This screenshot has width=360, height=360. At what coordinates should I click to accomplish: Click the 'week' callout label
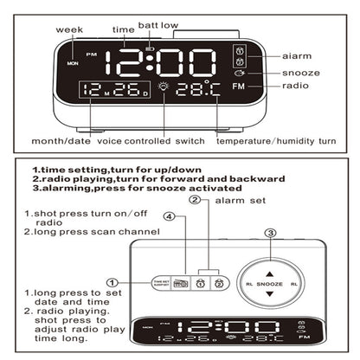pos(69,29)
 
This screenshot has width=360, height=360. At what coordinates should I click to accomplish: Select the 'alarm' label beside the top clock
pos(297,55)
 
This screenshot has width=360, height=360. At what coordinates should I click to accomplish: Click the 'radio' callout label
pos(294,88)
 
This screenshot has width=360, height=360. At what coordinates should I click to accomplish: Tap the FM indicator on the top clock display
pos(239,88)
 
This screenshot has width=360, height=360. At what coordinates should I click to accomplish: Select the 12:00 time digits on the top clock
pos(158,62)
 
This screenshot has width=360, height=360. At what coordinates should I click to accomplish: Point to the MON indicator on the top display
pos(71,63)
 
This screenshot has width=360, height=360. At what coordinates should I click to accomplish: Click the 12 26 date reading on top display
pos(113,89)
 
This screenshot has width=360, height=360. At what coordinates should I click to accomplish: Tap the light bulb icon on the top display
pos(165,88)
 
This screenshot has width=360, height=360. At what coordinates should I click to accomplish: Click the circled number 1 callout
pos(112,280)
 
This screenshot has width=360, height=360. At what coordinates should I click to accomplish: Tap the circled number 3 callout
pos(270,232)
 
